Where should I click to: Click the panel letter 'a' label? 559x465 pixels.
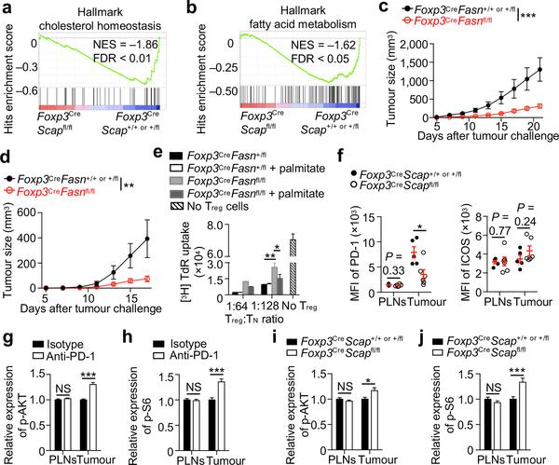(7, 8)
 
